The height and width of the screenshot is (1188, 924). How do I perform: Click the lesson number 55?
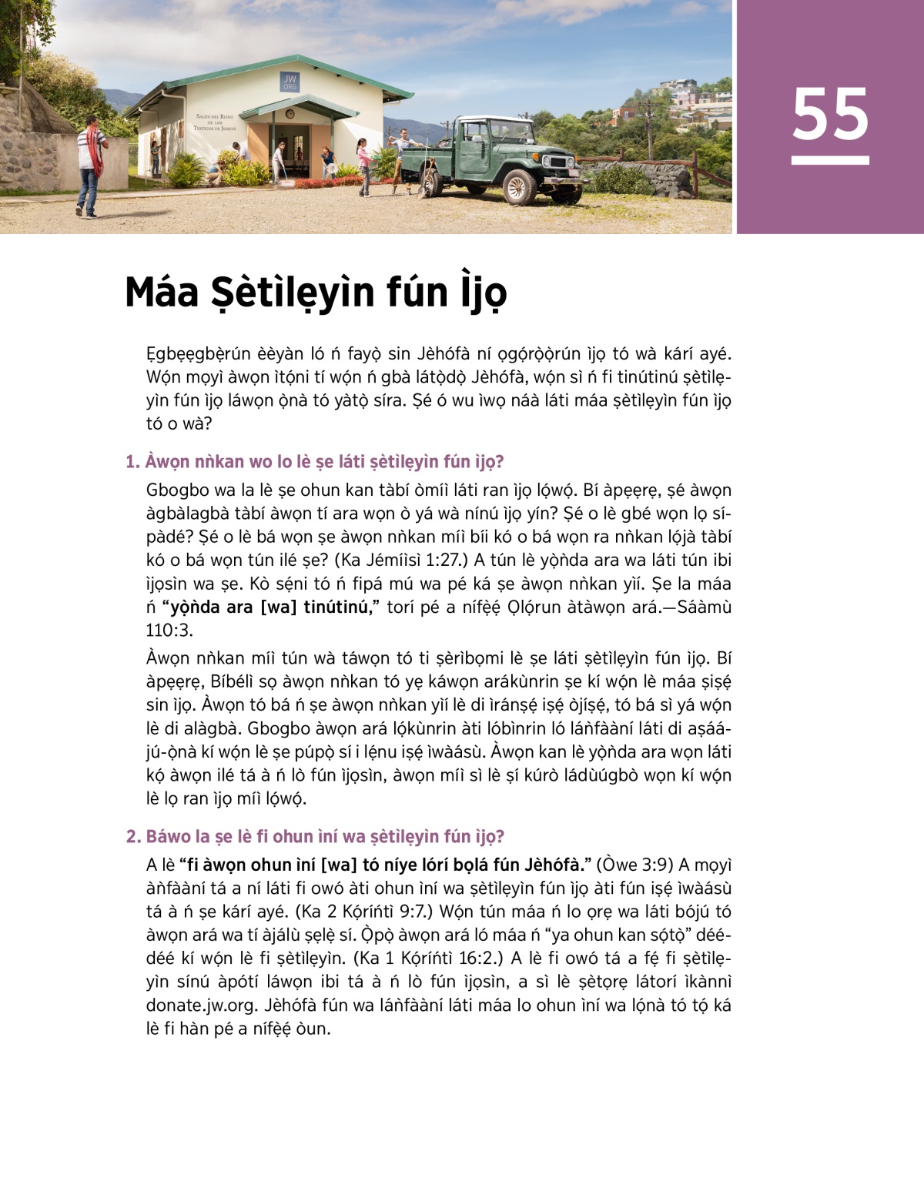(830, 115)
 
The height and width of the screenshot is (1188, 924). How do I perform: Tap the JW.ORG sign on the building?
(290, 82)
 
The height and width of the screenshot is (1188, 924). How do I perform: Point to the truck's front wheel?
(520, 186)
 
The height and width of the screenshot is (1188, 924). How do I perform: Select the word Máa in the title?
(162, 293)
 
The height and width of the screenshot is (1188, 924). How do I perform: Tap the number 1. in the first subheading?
(132, 462)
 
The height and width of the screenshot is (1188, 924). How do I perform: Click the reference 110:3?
(169, 631)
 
